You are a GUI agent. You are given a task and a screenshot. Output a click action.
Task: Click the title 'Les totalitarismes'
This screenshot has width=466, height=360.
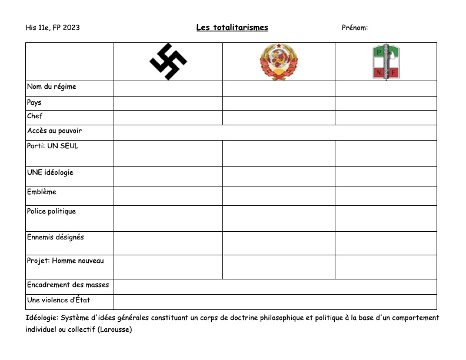click(x=232, y=28)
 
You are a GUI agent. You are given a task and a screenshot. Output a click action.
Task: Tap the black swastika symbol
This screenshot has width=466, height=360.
click(x=168, y=61)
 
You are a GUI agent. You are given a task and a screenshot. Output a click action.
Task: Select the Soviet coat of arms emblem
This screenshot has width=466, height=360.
click(x=278, y=61)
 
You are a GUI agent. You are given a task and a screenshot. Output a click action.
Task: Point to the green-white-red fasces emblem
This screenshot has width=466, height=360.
click(x=386, y=62)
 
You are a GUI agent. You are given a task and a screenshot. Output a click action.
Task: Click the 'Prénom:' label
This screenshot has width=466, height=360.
click(x=355, y=28)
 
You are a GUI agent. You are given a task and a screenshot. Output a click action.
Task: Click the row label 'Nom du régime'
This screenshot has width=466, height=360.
click(x=52, y=87)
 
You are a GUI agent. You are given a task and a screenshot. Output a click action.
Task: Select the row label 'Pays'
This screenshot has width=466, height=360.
click(x=34, y=102)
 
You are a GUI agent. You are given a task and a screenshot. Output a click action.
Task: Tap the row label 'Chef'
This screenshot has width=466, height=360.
click(x=35, y=116)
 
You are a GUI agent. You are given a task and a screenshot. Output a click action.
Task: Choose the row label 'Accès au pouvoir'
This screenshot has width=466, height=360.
click(x=54, y=131)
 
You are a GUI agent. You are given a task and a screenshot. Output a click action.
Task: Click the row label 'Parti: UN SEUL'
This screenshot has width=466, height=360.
click(x=52, y=146)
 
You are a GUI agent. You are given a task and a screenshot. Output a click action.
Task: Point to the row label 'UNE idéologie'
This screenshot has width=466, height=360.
click(x=50, y=173)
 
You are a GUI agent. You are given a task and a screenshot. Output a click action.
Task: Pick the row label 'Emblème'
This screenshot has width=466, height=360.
click(x=41, y=192)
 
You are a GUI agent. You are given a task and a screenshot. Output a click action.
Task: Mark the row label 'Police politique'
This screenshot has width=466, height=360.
click(x=51, y=211)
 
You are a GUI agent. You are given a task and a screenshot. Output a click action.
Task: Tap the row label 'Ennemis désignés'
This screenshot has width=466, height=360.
click(x=55, y=237)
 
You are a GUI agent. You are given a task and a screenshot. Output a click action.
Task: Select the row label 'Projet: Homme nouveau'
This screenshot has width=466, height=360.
click(x=65, y=261)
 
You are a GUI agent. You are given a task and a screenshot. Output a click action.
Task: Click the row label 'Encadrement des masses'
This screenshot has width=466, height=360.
click(x=68, y=285)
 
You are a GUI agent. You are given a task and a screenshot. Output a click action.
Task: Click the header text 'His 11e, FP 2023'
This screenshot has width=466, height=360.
click(x=53, y=28)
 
